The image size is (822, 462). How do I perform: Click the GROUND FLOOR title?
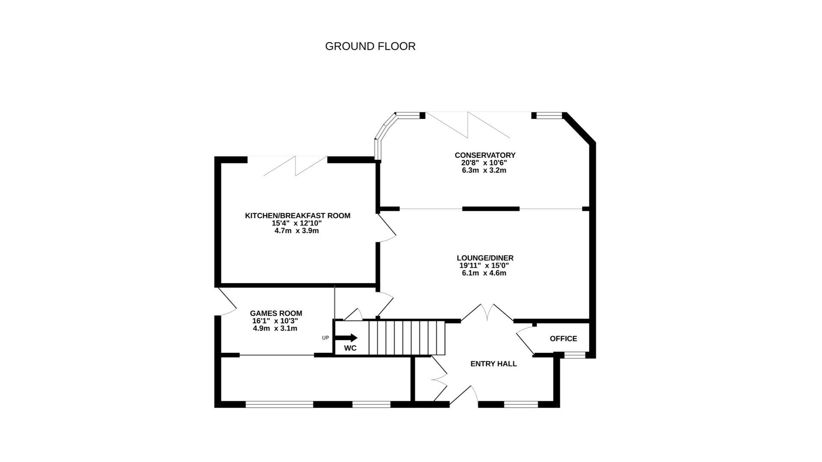pos(370,46)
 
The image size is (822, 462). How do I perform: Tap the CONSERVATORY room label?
pos(485,155)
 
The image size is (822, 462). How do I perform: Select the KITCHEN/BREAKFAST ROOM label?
pos(297,216)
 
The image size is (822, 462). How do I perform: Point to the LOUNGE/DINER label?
pos(485,258)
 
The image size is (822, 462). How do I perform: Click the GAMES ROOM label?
pos(276,313)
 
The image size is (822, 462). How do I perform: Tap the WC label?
pos(350,348)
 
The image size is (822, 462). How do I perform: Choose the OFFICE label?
pos(563,338)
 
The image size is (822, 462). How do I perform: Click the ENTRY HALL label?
pos(493,364)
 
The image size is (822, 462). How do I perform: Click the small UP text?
pos(325,338)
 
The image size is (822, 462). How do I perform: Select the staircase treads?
pos(407,338)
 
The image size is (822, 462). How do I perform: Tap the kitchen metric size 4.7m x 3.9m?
pos(296,231)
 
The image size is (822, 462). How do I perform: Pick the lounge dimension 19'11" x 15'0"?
pos(484,266)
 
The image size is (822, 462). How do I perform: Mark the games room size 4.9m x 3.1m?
pos(275,329)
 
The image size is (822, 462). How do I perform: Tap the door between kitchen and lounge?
pos(387,229)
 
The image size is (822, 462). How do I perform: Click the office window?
pos(575,355)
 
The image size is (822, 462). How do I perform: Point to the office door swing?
pos(525,340)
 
